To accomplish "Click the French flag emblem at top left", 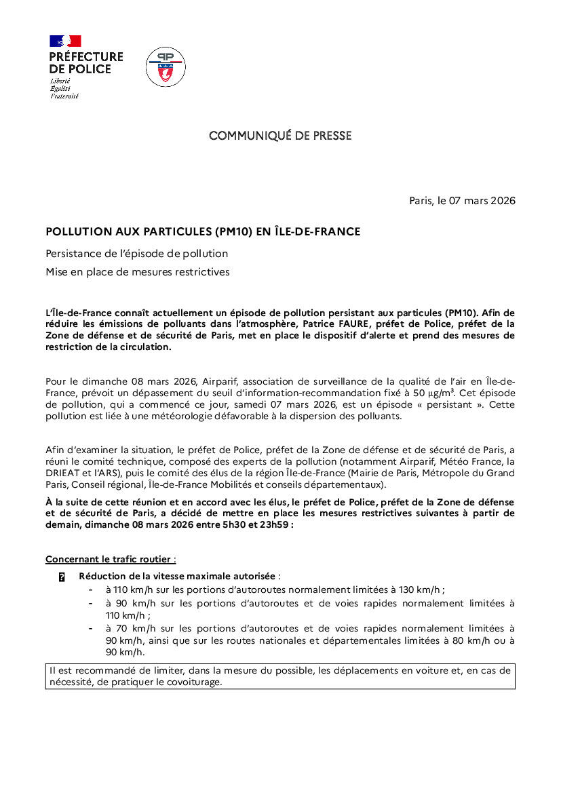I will coord(65,41).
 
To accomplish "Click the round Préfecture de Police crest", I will coord(166,67).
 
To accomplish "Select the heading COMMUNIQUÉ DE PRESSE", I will coord(280,136).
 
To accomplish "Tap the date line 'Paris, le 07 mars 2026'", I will coord(462,201).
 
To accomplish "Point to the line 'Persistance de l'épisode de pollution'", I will coord(136,254).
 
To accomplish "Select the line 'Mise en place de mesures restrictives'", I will coord(138,272).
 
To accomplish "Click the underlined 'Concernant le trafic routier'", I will coord(110,560).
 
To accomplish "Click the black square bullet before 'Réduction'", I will coord(62,577).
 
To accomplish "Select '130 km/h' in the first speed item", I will coord(419,589).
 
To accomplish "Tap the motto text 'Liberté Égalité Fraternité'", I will coord(64,88).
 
